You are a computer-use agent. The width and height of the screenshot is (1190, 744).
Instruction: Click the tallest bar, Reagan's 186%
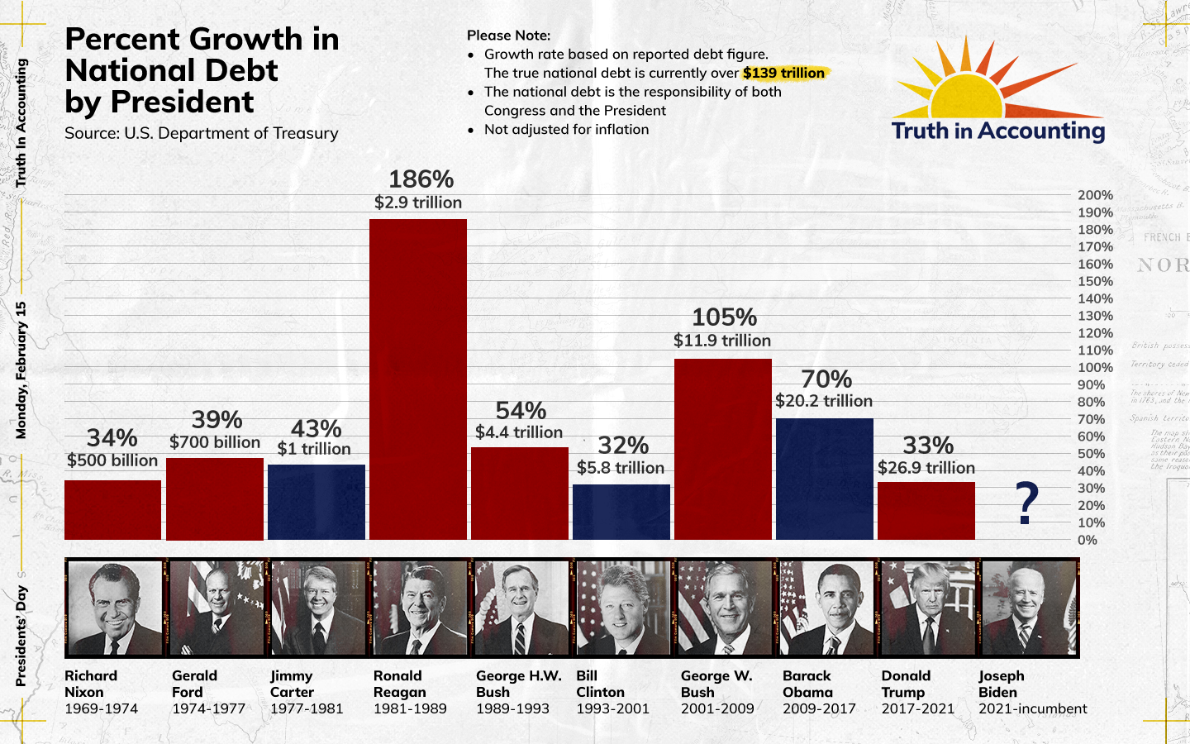point(418,379)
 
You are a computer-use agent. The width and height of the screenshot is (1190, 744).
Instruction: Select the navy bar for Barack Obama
point(825,479)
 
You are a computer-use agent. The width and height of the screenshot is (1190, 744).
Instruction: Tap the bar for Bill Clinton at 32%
point(621,512)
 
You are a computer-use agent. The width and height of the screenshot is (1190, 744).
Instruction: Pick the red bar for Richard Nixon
point(112,510)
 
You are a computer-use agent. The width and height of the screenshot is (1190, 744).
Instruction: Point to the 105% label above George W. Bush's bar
point(724,317)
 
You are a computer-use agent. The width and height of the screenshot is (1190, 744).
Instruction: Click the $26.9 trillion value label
point(926,468)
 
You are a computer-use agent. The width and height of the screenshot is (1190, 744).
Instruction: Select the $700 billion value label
point(215,442)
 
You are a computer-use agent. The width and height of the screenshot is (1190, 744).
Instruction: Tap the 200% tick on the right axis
point(1095,195)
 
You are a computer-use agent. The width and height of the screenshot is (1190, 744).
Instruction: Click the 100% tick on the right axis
point(1095,368)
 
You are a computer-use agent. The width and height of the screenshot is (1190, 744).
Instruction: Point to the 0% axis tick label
point(1088,541)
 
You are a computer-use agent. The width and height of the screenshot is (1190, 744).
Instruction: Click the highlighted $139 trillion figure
point(783,73)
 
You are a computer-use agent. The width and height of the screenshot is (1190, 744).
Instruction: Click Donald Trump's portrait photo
point(927,608)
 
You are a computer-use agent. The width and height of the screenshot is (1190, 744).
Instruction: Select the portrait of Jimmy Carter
point(317,608)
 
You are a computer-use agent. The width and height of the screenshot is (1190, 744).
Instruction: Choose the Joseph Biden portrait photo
point(1029,608)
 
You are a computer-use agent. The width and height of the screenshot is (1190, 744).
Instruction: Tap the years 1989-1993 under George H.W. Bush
point(512,708)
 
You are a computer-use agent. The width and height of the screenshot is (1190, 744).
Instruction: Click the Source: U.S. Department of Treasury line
point(202,133)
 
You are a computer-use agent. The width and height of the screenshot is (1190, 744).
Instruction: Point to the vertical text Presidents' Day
point(21,636)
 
